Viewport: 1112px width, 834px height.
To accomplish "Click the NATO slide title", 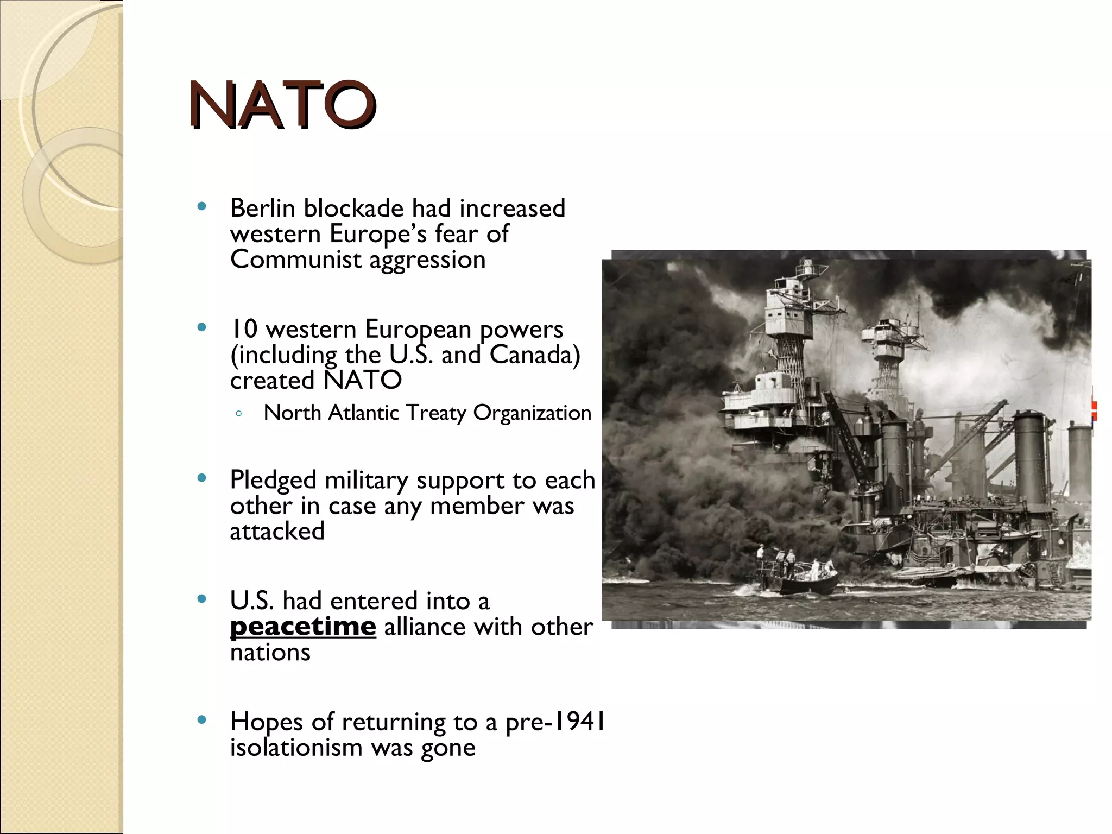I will [x=282, y=105].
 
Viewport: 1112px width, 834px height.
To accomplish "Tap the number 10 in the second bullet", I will [x=244, y=330].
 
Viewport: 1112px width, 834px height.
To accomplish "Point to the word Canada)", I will [x=534, y=355].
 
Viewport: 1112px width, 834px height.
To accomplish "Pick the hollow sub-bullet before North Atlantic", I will [x=239, y=414].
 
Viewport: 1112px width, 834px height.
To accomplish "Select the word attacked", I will [x=277, y=532].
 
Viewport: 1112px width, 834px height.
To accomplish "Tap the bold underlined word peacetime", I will [x=302, y=627].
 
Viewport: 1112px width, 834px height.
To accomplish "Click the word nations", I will [x=270, y=653].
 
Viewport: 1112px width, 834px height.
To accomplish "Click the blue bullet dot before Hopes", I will [x=202, y=720].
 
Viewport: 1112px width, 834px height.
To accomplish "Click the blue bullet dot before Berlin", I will [x=202, y=206].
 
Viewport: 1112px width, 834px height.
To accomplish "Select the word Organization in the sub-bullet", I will [x=532, y=413].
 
